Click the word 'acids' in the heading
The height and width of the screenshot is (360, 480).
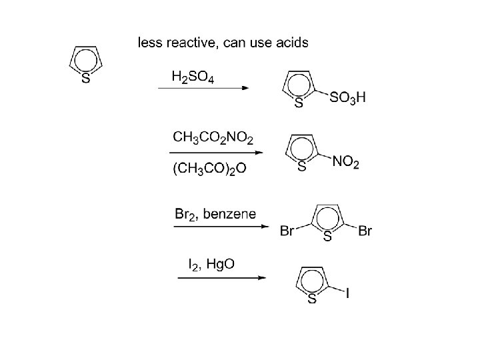[x=290, y=43]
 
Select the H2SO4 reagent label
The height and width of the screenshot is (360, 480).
[x=193, y=77]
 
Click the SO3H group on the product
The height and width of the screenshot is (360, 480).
[x=347, y=98]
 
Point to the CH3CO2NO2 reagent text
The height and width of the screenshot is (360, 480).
[x=213, y=138]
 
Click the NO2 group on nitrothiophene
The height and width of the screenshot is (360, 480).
[x=345, y=162]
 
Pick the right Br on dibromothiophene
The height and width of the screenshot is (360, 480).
[x=365, y=231]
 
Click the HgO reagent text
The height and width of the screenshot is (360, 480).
[x=221, y=265]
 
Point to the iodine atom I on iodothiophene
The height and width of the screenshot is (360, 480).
[x=348, y=291]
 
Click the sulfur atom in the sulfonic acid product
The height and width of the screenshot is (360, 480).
[x=299, y=103]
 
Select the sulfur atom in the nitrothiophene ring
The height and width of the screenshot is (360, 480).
[x=301, y=167]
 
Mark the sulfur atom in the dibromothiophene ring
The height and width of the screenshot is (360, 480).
[x=327, y=237]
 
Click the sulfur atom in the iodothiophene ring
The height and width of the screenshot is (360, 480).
[x=311, y=299]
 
